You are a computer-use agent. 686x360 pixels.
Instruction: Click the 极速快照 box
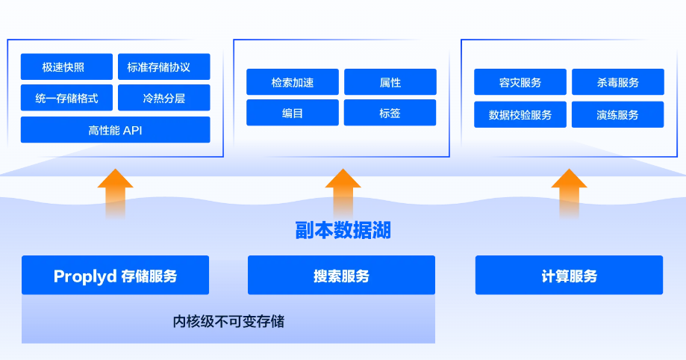[x=66, y=66]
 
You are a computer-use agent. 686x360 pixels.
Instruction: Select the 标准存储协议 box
[x=163, y=66]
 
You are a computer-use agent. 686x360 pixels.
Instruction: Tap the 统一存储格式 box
[x=66, y=98]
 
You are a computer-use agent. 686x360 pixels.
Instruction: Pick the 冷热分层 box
[x=163, y=98]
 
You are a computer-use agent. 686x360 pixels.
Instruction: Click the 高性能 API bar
[x=115, y=130]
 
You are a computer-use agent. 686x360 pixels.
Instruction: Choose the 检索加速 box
[x=293, y=82]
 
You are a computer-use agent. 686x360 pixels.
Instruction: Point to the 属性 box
[x=390, y=82]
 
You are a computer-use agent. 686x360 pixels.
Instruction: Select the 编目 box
[x=293, y=113]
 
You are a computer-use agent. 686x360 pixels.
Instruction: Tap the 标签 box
[x=390, y=113]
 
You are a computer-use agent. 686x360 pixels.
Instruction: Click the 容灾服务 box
[x=520, y=82]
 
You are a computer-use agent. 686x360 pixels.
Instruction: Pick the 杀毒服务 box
[x=617, y=82]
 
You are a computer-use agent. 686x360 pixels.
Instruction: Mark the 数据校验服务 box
[x=520, y=114]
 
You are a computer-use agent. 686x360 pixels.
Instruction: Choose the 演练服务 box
[x=617, y=114]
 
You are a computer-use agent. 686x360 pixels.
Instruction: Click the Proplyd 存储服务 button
[x=115, y=276]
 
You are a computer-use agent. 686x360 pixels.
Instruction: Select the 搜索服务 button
[x=341, y=276]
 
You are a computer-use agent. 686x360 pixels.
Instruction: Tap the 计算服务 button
[x=569, y=276]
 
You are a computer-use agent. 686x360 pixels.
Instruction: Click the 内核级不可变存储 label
[x=228, y=322]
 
